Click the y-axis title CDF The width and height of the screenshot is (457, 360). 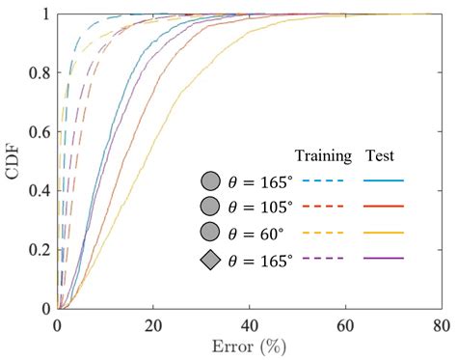pos(13,161)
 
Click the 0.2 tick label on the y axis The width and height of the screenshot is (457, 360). pos(41,250)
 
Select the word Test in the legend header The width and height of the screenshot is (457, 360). pos(383,156)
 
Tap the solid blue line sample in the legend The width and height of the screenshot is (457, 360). pos(384,180)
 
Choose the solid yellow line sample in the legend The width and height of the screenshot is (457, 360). pos(384,233)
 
